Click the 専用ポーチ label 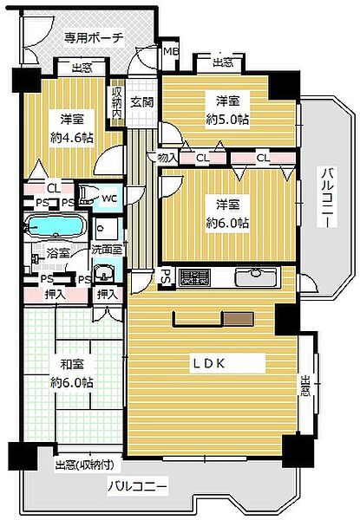tap(95, 37)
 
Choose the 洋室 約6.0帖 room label tap(228, 213)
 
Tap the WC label tap(109, 198)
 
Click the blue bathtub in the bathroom tap(55, 228)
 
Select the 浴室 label tap(57, 254)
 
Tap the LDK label tap(210, 363)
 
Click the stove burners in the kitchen tap(194, 278)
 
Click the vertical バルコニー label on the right tap(328, 198)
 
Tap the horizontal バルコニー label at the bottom tap(137, 486)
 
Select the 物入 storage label tap(168, 157)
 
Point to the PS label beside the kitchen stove tap(165, 277)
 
